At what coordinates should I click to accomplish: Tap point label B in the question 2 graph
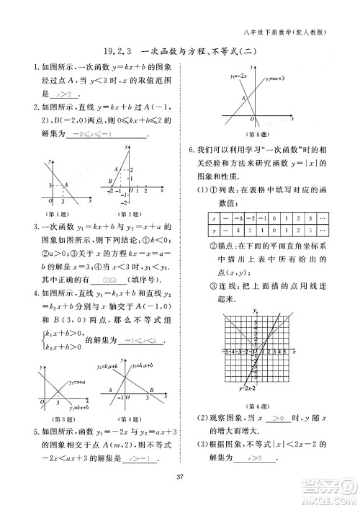click(x=109, y=180)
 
